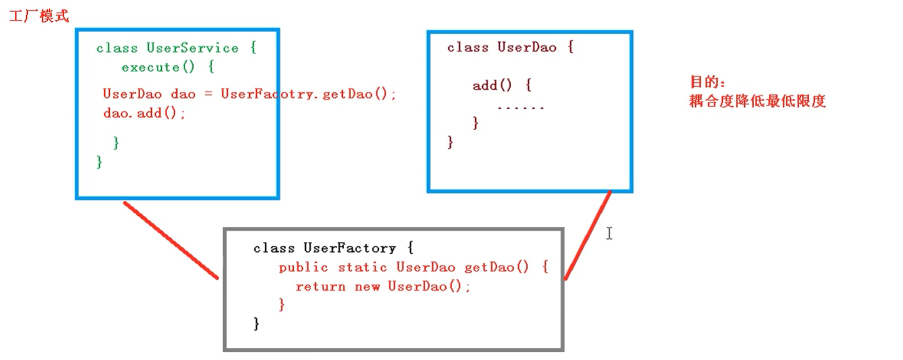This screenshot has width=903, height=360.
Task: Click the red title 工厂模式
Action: coord(39,16)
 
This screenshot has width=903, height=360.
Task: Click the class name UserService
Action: coord(192,48)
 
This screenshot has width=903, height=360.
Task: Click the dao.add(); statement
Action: coord(144,114)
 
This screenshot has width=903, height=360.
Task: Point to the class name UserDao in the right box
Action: coord(527,48)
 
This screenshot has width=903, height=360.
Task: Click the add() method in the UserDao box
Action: coord(494,85)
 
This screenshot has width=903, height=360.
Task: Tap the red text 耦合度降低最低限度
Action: coord(757,101)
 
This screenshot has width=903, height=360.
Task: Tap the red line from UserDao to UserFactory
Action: coord(588,236)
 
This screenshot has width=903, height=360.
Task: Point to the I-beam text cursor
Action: coord(609,234)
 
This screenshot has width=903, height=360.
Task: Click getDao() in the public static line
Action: coord(497,268)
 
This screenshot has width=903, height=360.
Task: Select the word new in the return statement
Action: coord(367,286)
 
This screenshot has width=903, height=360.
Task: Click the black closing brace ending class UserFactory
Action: coord(256,324)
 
